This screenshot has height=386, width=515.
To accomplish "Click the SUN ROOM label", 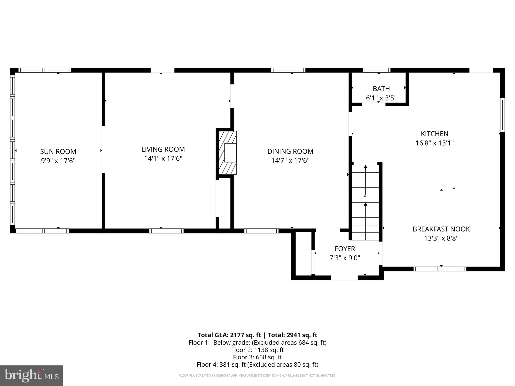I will click(x=58, y=152).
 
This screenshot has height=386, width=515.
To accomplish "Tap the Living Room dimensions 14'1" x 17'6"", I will click(x=163, y=159).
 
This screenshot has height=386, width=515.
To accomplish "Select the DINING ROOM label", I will click(x=290, y=151).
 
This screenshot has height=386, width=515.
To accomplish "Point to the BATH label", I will click(x=381, y=89).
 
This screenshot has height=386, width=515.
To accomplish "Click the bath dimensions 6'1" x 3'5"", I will click(x=381, y=98).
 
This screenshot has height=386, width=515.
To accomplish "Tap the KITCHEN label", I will click(x=435, y=134).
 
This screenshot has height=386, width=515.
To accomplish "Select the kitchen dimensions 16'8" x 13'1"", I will click(x=435, y=143).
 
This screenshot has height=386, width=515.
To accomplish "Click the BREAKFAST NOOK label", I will click(x=441, y=229).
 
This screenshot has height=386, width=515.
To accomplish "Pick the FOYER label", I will click(x=345, y=249).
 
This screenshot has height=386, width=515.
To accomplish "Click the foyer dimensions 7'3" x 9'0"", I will click(x=345, y=258).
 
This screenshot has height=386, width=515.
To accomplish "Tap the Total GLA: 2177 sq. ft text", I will click(x=229, y=335).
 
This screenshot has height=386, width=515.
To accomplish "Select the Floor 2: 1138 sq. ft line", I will click(x=257, y=350).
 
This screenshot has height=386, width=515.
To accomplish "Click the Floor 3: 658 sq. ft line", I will click(x=257, y=357).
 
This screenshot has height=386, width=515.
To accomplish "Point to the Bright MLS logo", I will click(x=31, y=375).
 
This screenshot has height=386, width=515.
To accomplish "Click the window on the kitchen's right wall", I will click(x=502, y=115).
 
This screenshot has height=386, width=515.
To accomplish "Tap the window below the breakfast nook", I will click(x=440, y=269).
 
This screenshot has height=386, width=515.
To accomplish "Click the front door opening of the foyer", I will click(x=344, y=278).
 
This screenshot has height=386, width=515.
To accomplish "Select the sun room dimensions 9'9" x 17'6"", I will click(x=58, y=161).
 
